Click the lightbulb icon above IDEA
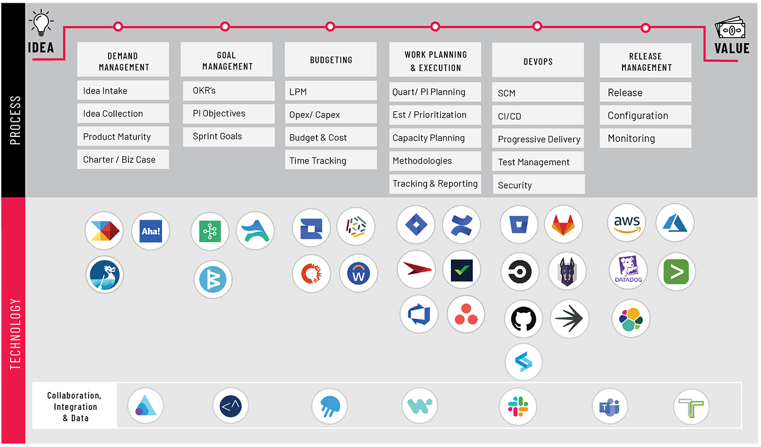click(x=41, y=22)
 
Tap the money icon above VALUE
click(x=730, y=28)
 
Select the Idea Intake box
click(x=123, y=90)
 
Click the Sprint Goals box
click(x=229, y=136)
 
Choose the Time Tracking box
click(x=331, y=160)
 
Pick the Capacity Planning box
click(x=435, y=138)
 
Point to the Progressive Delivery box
click(x=538, y=139)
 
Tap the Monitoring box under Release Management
click(x=645, y=138)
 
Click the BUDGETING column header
click(x=331, y=60)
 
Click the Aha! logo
click(x=151, y=231)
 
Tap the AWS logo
click(x=627, y=223)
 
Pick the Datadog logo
click(x=628, y=271)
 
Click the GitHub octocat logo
click(x=523, y=319)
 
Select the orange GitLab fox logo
click(x=564, y=224)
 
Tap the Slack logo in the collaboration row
click(x=518, y=406)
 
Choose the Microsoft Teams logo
click(x=610, y=406)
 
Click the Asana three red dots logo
click(x=466, y=315)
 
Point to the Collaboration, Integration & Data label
click(x=75, y=406)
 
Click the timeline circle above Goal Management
click(x=225, y=27)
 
